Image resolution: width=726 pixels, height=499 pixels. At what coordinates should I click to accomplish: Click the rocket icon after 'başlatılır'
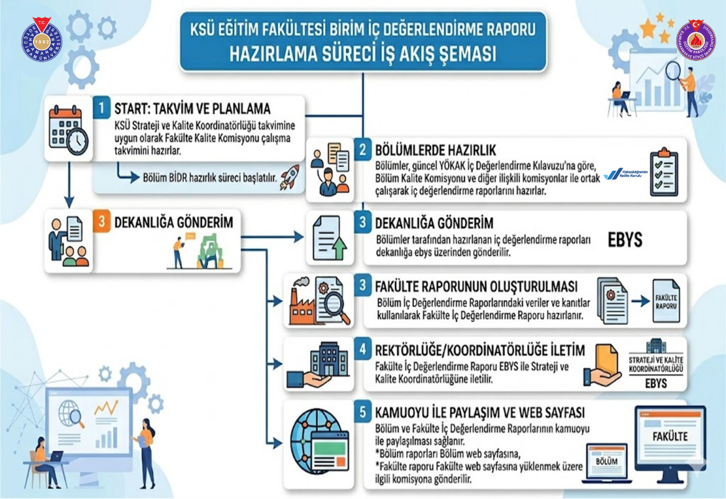289,177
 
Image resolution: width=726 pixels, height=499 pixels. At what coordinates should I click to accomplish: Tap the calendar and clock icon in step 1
68,130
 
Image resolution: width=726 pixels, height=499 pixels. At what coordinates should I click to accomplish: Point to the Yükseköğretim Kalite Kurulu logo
625,174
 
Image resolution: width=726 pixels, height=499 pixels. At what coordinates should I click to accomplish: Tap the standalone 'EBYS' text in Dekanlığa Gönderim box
625,240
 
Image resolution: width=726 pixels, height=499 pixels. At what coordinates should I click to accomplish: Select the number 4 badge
363,349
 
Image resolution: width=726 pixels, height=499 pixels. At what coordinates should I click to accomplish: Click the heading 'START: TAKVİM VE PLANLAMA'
193,110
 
